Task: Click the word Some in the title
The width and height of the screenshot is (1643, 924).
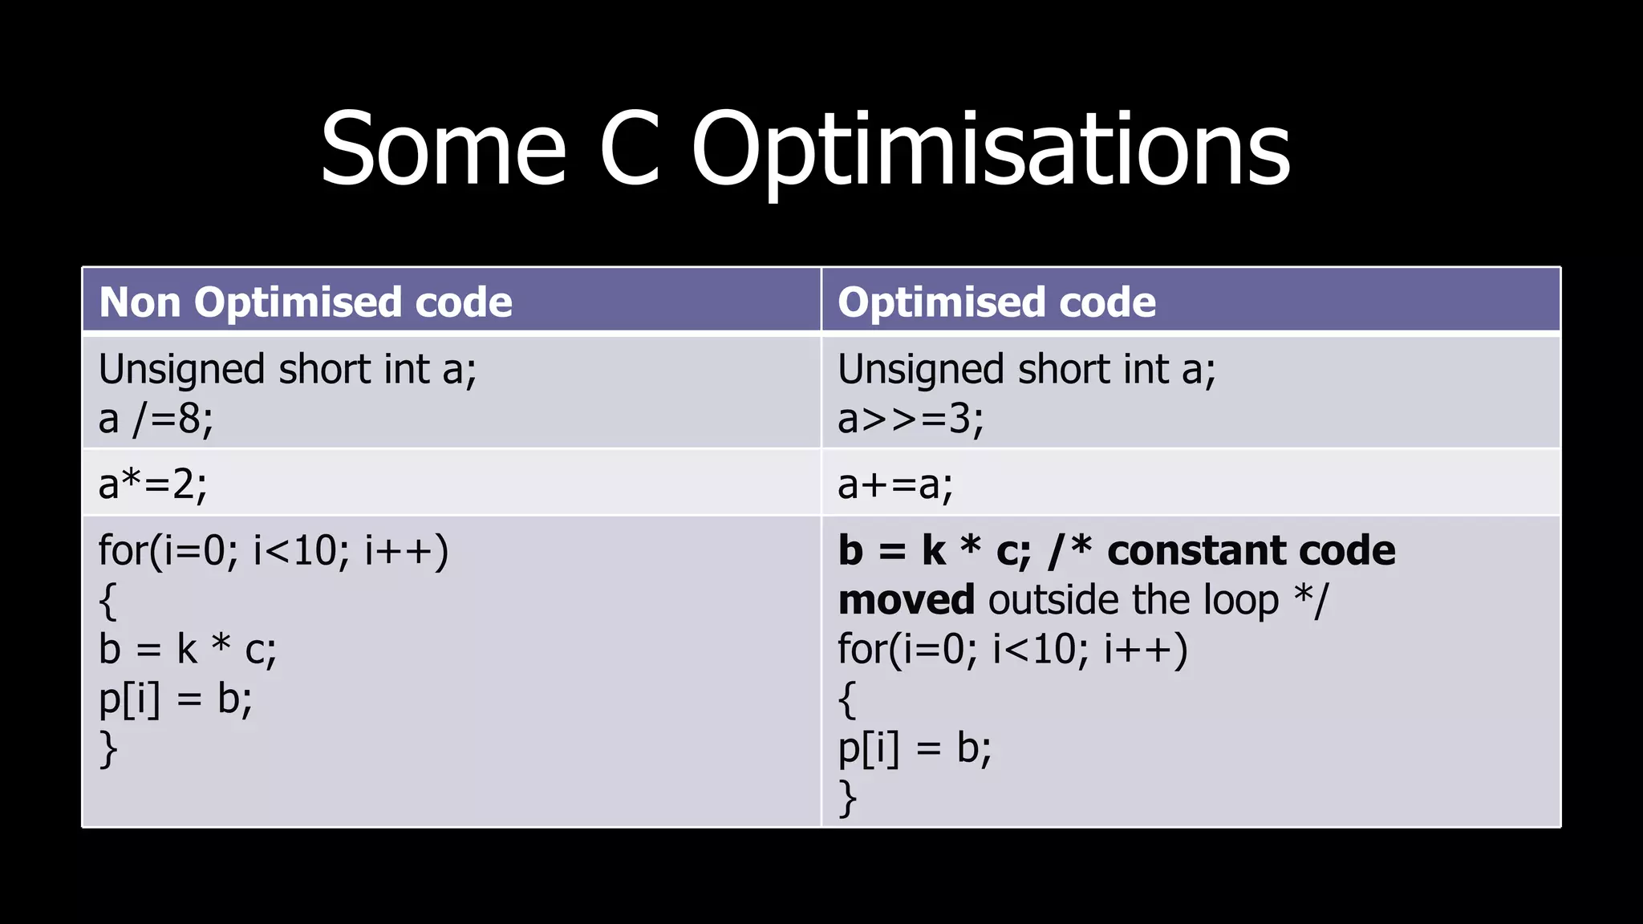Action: click(x=443, y=148)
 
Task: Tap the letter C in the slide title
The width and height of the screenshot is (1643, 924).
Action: click(x=630, y=148)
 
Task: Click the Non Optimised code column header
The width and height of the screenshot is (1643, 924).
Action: click(x=306, y=302)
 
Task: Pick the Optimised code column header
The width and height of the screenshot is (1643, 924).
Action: click(x=996, y=302)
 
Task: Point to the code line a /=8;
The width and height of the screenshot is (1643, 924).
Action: click(x=156, y=419)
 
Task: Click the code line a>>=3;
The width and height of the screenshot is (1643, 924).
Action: click(x=911, y=419)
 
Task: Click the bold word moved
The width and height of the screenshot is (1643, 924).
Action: click(x=906, y=600)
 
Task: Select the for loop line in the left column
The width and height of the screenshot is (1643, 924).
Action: click(x=274, y=551)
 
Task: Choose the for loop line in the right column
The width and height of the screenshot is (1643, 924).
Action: click(x=1012, y=649)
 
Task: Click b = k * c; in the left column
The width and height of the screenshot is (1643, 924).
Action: click(x=188, y=649)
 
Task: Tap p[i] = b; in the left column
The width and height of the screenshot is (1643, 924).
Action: click(x=175, y=699)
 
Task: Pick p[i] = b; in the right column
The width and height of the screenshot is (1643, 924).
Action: click(x=915, y=748)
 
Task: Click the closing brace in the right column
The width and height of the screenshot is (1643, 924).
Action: click(x=847, y=797)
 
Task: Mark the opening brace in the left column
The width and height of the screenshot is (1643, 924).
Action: click(x=108, y=601)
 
